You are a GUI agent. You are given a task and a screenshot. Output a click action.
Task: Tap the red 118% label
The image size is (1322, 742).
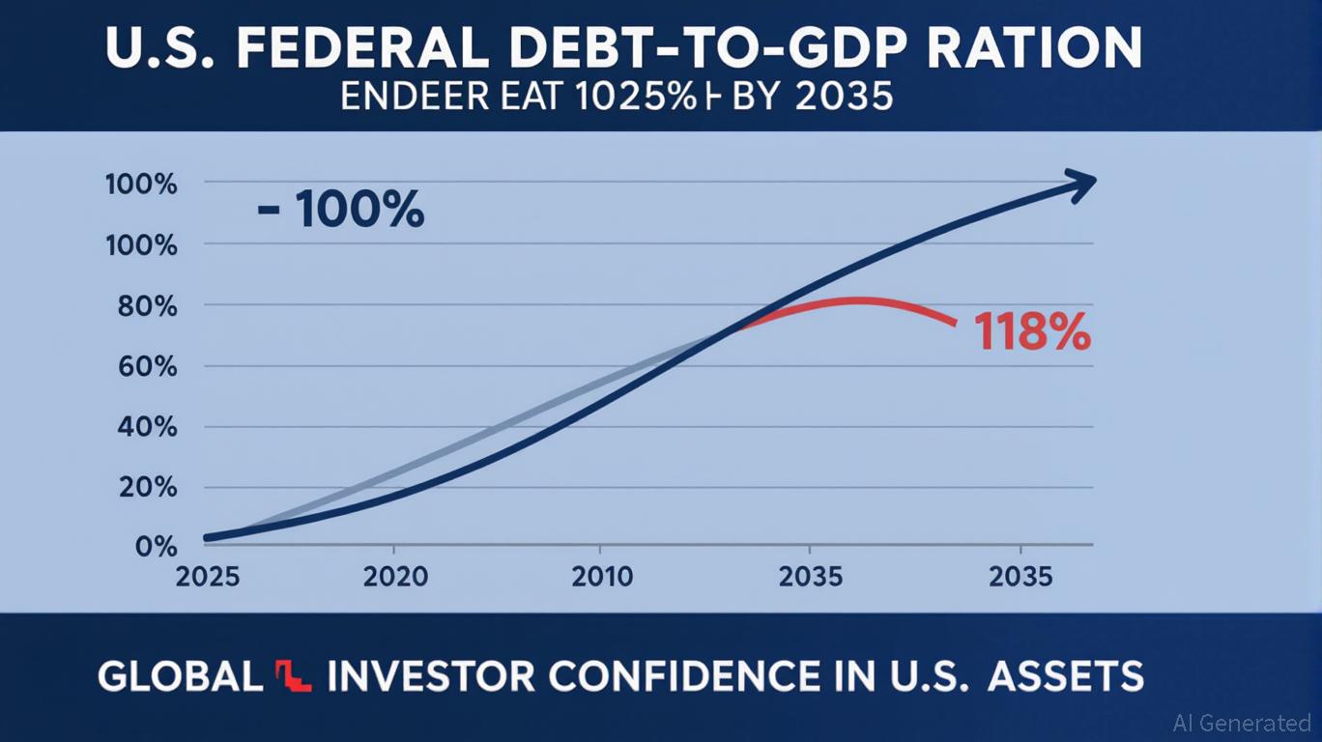click(x=1032, y=333)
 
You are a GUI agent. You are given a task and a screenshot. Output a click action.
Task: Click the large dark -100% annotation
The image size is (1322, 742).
click(x=340, y=210)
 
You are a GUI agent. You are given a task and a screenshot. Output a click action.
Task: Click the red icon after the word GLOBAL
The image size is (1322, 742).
click(x=295, y=675)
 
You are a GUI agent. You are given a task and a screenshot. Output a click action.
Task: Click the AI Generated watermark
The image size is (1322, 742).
click(x=1241, y=723)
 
